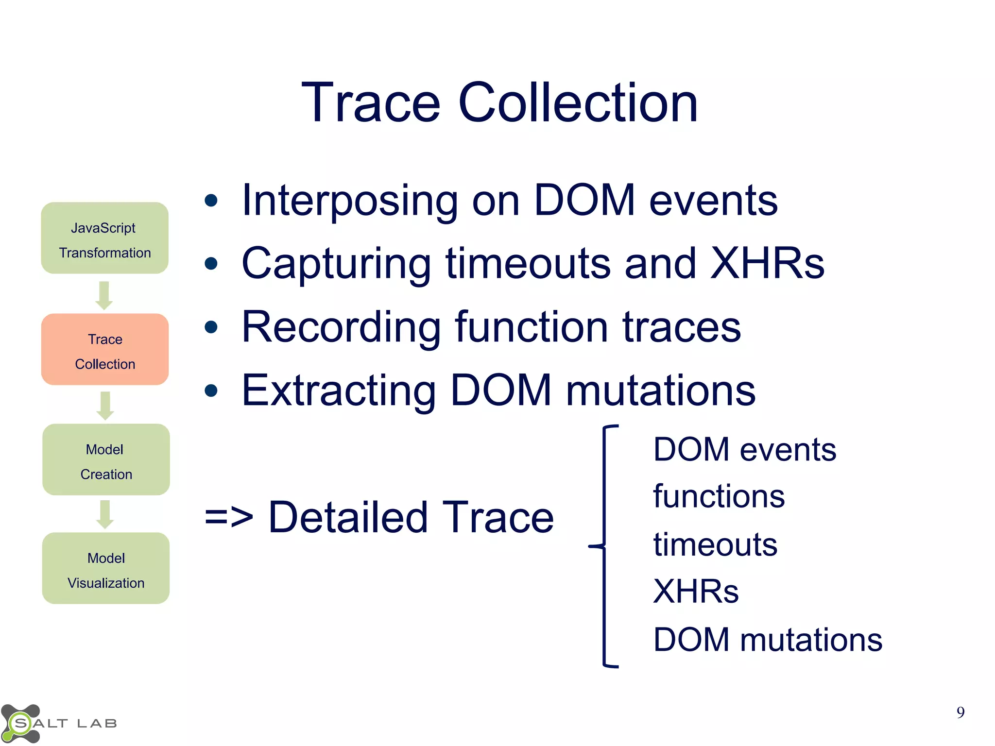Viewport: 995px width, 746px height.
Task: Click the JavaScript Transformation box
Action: [104, 238]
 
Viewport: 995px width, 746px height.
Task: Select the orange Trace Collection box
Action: [104, 349]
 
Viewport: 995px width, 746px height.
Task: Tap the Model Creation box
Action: [105, 459]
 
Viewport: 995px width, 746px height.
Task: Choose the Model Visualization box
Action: [105, 568]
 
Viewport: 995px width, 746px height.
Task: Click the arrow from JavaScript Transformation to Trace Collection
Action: [104, 295]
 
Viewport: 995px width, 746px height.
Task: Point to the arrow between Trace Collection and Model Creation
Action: [105, 406]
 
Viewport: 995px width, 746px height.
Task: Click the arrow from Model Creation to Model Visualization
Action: [105, 514]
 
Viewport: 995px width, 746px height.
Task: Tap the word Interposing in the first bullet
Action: [350, 201]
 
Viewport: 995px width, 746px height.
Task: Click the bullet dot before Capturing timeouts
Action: [211, 264]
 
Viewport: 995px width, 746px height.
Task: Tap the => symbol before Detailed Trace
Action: [228, 518]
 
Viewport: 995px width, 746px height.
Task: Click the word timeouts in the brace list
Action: [715, 544]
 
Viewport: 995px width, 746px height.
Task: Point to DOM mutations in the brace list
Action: [767, 640]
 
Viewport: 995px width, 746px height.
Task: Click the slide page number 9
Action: [960, 712]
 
